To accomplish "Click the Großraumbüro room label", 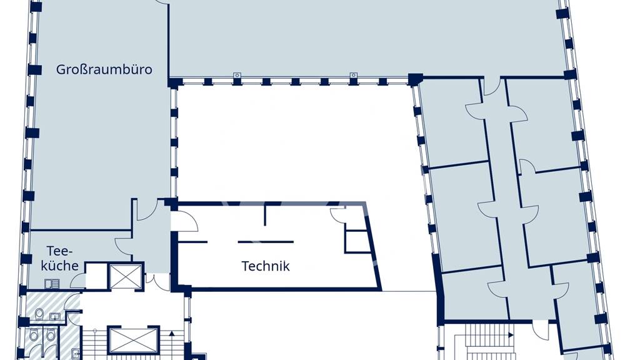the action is (104, 69).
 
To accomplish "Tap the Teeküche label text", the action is (59, 258).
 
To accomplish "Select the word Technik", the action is (265, 266).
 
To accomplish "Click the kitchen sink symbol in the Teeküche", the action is (52, 283).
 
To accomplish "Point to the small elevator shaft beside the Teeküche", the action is (126, 276).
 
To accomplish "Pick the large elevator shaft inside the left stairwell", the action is (134, 340).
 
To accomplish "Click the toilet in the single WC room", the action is (39, 314).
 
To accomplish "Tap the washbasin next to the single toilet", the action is (55, 316).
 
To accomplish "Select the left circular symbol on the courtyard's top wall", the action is (237, 76).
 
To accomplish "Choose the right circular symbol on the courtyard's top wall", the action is (354, 76).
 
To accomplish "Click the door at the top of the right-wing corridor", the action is (492, 86).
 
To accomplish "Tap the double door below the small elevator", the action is (157, 282).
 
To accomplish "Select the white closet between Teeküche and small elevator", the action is (96, 276).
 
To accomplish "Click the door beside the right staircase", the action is (541, 331).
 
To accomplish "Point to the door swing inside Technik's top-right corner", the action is (338, 215).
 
